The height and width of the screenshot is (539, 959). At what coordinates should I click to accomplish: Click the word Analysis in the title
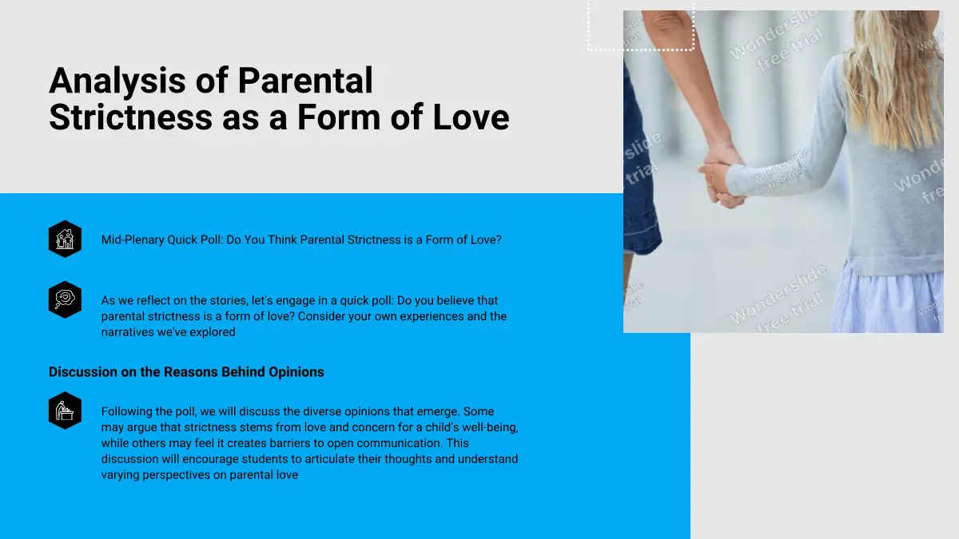tap(117, 81)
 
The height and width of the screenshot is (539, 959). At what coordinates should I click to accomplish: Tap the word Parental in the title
tap(305, 80)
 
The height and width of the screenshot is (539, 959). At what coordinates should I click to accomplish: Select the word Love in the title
tap(471, 117)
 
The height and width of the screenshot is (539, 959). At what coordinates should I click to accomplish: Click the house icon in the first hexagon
tap(65, 239)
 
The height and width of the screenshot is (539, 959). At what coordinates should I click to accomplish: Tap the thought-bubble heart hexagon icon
tap(65, 299)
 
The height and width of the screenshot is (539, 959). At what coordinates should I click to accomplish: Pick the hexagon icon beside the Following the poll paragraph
tap(65, 410)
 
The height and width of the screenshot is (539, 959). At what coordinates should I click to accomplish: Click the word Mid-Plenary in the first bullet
tap(133, 240)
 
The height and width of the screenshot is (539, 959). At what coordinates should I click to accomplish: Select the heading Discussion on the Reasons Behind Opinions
tap(186, 372)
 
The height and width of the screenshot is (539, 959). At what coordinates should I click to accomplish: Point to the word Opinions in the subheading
tap(296, 372)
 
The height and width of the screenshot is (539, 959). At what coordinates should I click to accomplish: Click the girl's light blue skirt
tap(889, 299)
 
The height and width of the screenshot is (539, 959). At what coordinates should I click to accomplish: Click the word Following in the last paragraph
tap(127, 411)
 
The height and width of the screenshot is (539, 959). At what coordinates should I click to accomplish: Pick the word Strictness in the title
tap(130, 117)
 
